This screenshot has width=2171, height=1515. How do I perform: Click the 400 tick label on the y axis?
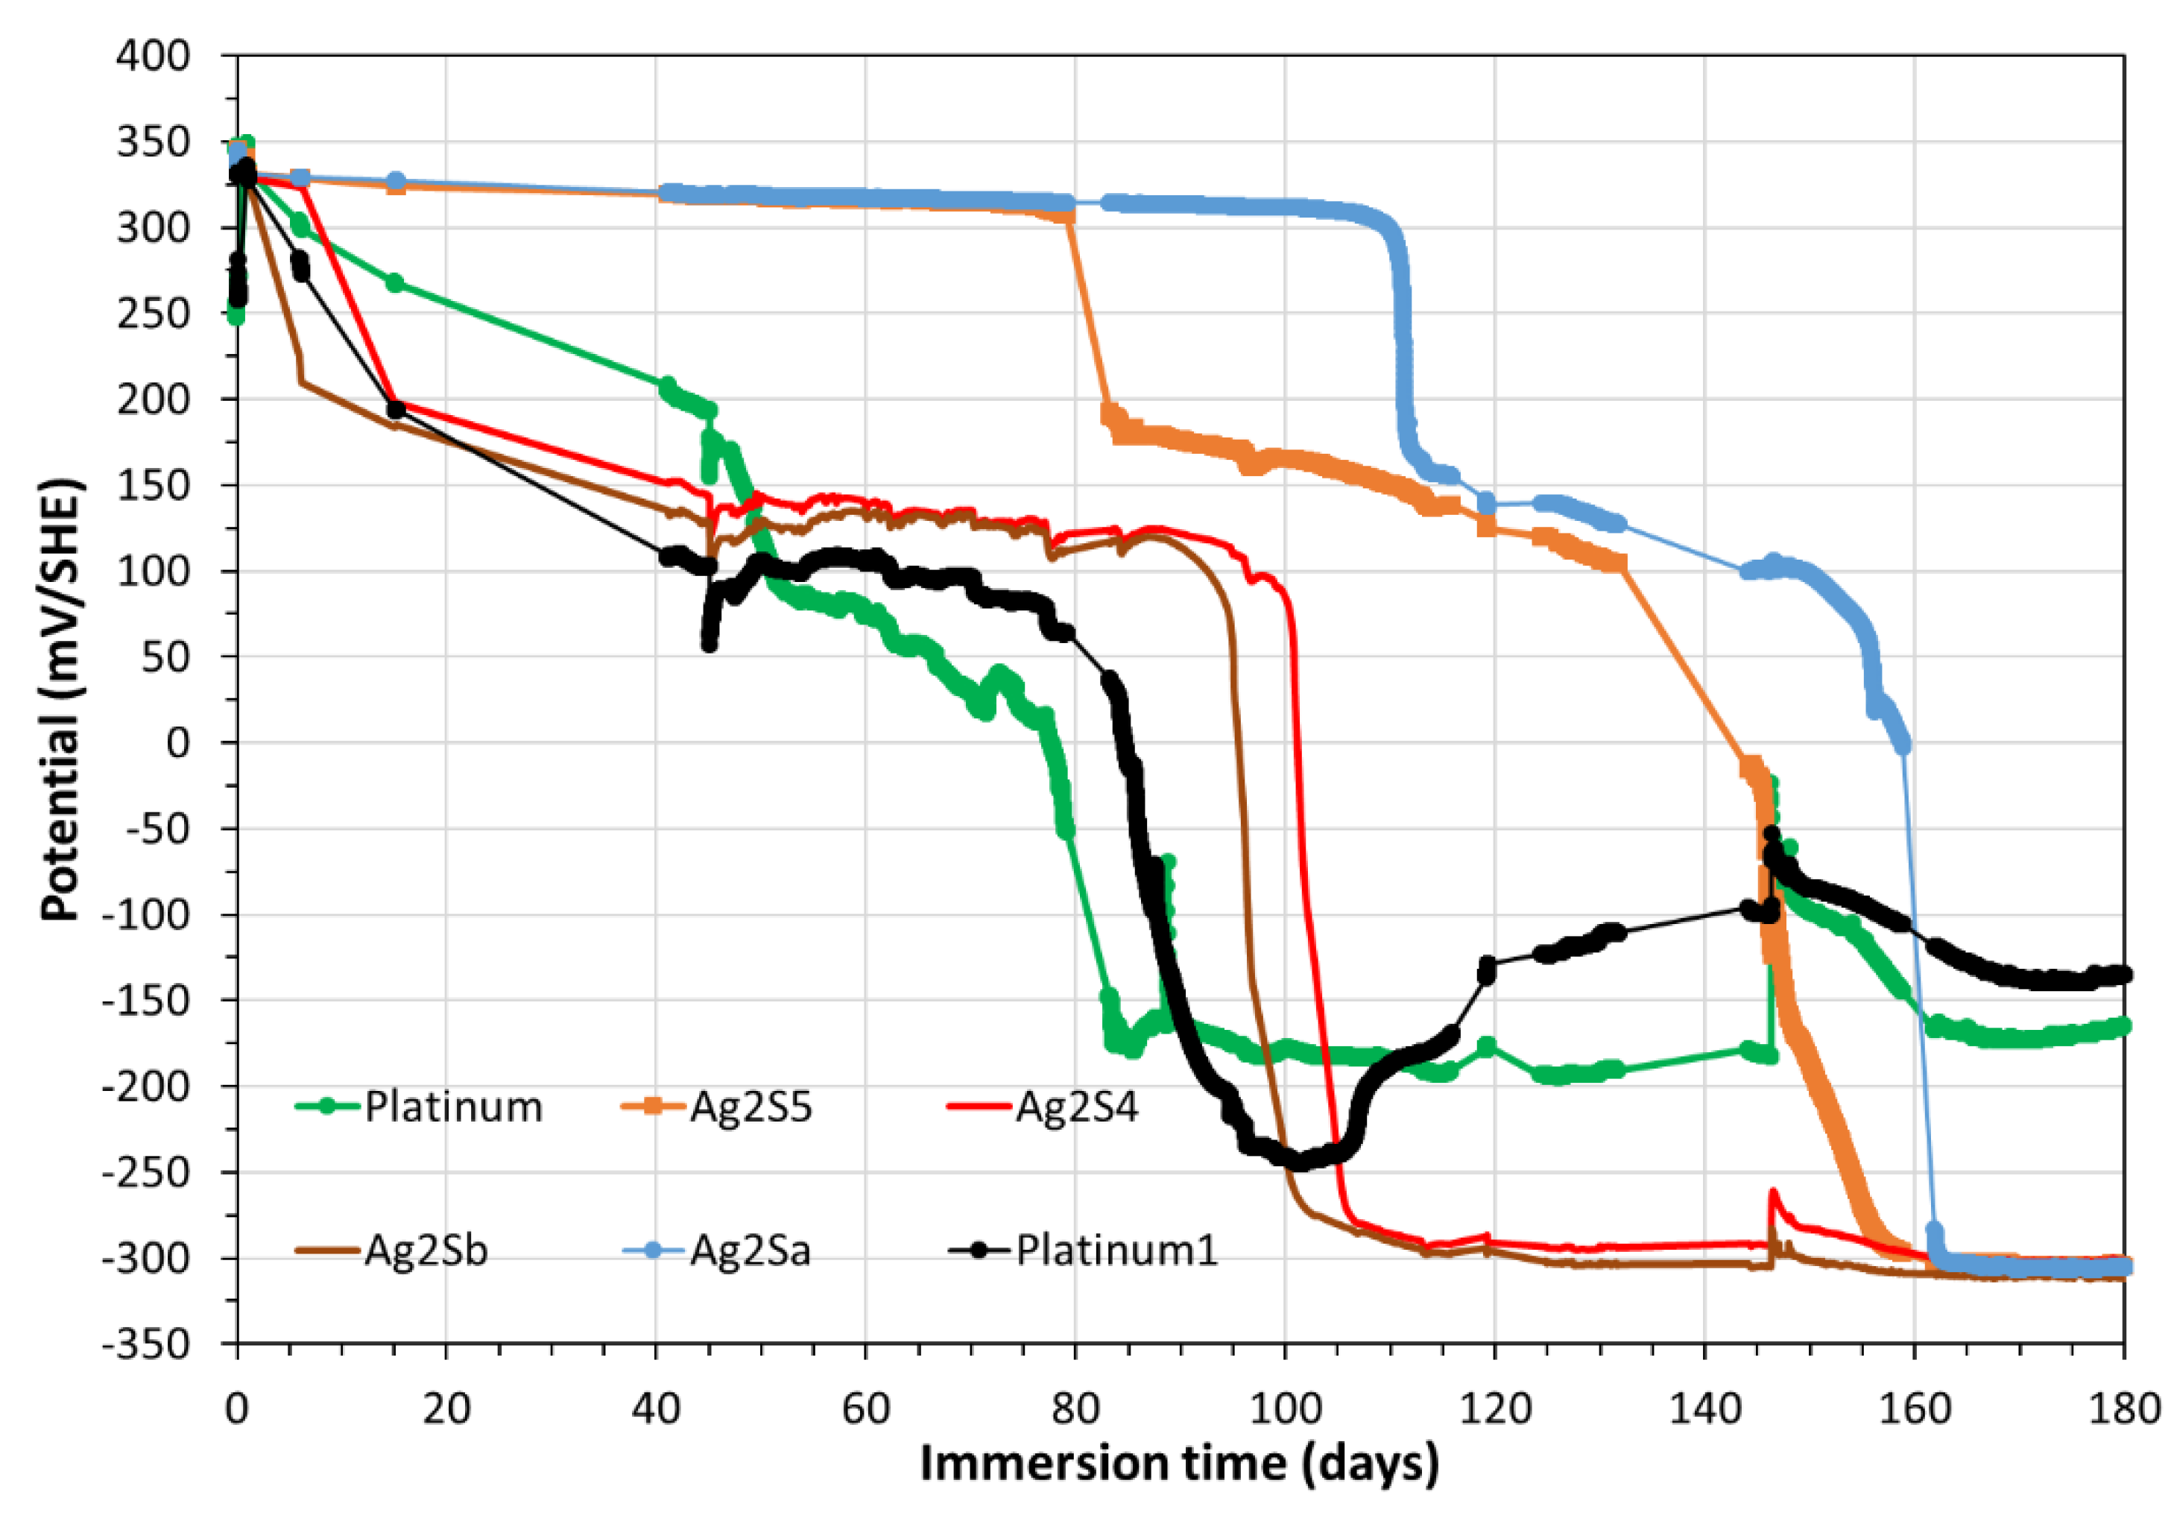[154, 56]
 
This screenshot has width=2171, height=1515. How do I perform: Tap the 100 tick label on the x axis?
[1285, 1409]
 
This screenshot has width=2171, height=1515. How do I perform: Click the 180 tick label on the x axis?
[2124, 1409]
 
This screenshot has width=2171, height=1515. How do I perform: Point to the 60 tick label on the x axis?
[865, 1409]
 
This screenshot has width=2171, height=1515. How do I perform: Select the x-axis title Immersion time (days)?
[1179, 1463]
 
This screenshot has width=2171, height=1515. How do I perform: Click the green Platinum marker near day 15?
[395, 282]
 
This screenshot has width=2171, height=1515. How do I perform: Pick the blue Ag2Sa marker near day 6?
[300, 178]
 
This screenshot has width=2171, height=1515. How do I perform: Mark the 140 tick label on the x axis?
[1704, 1409]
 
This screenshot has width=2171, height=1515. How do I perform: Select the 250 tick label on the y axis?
[154, 314]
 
